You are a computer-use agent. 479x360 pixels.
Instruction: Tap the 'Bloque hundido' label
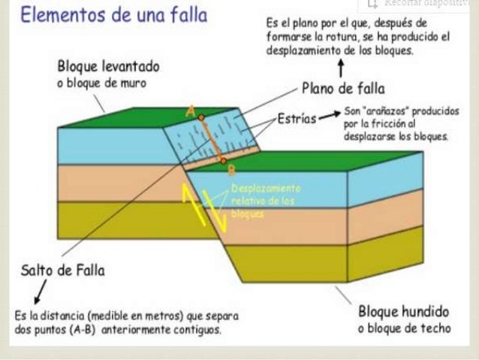pos(404,311)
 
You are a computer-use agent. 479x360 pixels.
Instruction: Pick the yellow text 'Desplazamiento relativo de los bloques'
pos(266,199)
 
